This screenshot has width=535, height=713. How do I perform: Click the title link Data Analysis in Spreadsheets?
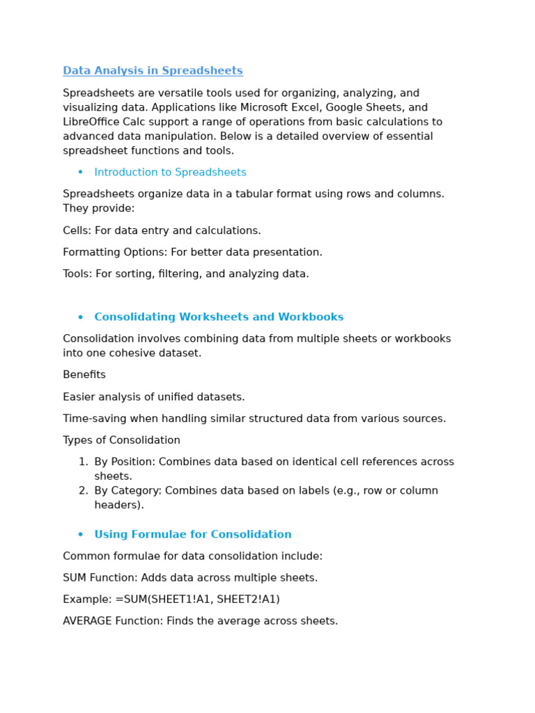(x=153, y=71)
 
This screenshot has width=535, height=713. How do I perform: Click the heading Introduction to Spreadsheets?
(x=170, y=173)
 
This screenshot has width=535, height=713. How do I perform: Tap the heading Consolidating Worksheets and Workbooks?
(x=219, y=318)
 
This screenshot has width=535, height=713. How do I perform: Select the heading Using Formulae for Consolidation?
(x=193, y=535)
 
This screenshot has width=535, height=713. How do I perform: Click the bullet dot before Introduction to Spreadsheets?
(x=80, y=173)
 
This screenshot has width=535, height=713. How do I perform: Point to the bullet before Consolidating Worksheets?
(x=80, y=318)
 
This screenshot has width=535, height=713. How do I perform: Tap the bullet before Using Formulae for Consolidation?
(x=80, y=535)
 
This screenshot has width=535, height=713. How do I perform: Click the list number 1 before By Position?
(x=83, y=462)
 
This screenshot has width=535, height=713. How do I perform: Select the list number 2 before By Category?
(x=83, y=491)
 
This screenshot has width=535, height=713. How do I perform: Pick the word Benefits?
(x=84, y=375)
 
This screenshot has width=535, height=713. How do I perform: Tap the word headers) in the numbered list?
(x=119, y=506)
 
